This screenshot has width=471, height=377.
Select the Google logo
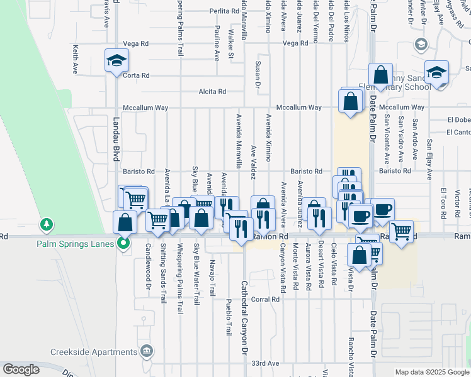(x=21, y=369)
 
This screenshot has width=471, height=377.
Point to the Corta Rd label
(x=136, y=75)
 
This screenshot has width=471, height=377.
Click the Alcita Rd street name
(x=212, y=92)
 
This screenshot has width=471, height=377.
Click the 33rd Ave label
(x=264, y=363)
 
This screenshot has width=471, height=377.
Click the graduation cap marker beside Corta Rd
(x=116, y=62)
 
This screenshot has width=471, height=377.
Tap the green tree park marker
(x=46, y=224)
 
